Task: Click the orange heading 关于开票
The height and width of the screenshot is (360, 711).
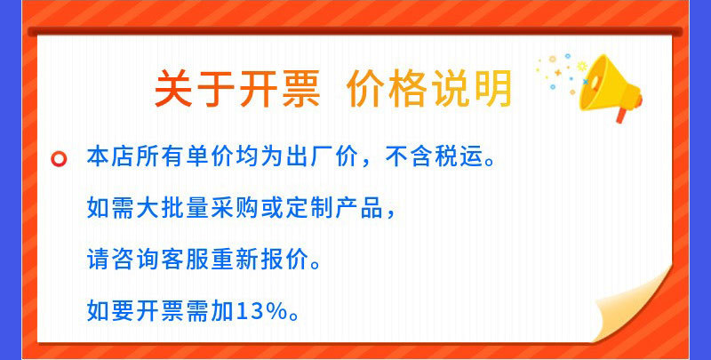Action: click(x=236, y=90)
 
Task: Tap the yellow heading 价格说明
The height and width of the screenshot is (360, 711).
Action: click(x=429, y=90)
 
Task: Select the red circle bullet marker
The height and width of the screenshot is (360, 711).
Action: click(x=60, y=160)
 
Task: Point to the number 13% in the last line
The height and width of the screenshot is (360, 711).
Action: click(x=260, y=311)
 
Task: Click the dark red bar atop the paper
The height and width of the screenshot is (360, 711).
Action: click(x=355, y=32)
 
